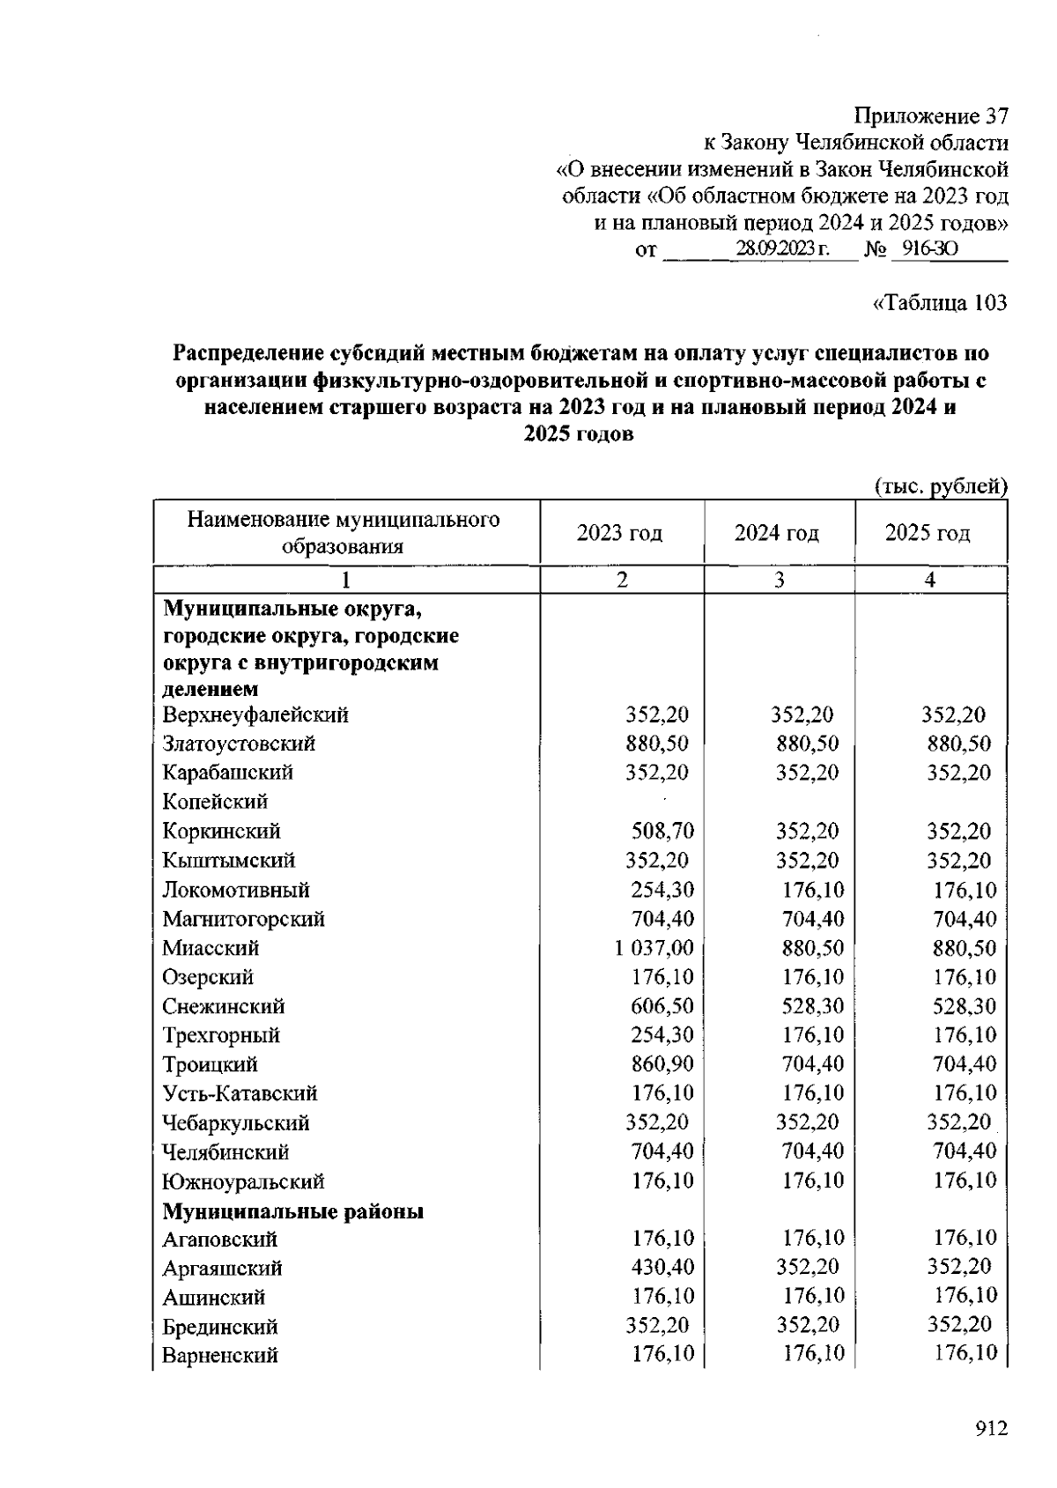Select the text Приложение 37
[931, 116]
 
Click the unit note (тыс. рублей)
[940, 485]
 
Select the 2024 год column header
[777, 533]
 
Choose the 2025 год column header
[928, 533]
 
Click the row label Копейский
[215, 802]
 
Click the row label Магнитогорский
[243, 919]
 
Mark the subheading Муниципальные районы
[292, 1211]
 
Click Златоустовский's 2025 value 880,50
[959, 744]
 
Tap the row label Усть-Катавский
[240, 1093]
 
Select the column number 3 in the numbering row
[779, 580]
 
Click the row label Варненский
[220, 1355]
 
